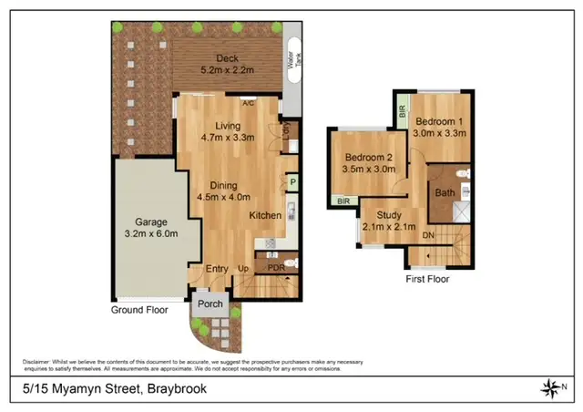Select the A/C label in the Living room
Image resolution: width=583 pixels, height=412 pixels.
[248, 102]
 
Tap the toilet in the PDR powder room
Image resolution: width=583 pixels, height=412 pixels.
[289, 264]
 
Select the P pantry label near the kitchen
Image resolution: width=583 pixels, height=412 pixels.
[293, 183]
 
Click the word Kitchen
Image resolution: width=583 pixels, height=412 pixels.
[266, 215]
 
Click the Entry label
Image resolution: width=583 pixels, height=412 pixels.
[216, 268]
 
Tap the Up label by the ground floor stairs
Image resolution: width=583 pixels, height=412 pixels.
[243, 268]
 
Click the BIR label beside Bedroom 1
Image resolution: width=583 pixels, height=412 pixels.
[402, 112]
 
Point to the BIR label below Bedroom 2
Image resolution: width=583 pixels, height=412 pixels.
[344, 201]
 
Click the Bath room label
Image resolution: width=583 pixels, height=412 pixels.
[445, 192]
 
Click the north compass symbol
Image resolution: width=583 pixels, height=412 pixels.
[552, 389]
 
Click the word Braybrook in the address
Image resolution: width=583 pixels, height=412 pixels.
[174, 389]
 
